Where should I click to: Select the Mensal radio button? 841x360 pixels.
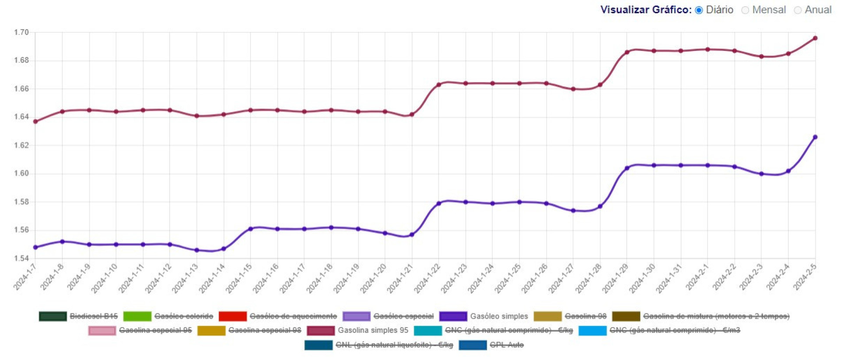click(x=745, y=10)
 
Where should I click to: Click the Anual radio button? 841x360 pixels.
click(x=798, y=10)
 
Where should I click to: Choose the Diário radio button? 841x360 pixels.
click(x=699, y=10)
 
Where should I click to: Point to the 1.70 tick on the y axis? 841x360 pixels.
click(x=21, y=32)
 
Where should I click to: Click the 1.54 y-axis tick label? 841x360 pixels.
click(x=21, y=258)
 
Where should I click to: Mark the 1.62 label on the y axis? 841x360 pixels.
click(x=21, y=145)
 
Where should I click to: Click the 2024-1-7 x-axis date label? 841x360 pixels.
click(x=25, y=277)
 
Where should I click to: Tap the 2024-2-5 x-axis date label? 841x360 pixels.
click(x=805, y=277)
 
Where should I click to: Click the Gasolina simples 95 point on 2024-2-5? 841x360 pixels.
click(x=815, y=38)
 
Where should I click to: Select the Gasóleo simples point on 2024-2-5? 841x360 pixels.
click(x=815, y=137)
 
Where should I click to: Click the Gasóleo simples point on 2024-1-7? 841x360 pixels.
click(x=35, y=247)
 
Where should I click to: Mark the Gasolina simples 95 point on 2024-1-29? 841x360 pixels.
click(x=627, y=52)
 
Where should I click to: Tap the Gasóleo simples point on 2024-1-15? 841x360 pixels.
click(x=251, y=229)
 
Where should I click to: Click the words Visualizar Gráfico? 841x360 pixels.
click(x=646, y=10)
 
